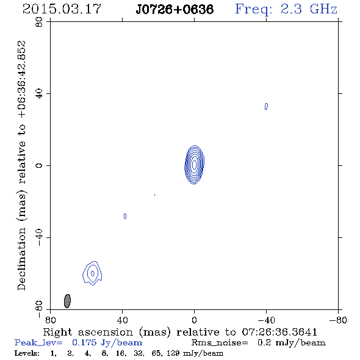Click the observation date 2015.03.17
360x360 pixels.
[62, 9]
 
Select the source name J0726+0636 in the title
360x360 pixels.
[175, 10]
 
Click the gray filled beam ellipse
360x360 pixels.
[67, 301]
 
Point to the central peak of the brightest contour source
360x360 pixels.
[195, 164]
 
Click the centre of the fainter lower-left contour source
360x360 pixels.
[93, 273]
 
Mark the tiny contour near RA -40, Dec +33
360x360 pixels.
[266, 107]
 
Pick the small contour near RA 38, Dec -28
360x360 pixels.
[125, 216]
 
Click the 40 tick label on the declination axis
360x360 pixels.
[39, 94]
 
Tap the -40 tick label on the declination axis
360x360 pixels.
[39, 237]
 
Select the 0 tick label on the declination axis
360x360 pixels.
[39, 165]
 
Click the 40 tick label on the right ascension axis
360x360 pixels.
[123, 320]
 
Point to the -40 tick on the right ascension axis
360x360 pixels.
[266, 320]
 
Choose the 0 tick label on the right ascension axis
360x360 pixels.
[195, 320]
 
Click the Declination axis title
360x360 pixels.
[21, 165]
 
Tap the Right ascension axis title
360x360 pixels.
[180, 332]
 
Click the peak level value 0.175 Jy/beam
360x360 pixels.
[107, 343]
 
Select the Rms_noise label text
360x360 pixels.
[220, 343]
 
